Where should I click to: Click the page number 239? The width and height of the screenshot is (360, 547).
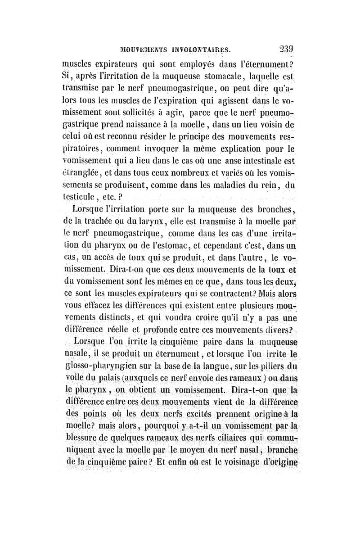coord(286,49)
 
